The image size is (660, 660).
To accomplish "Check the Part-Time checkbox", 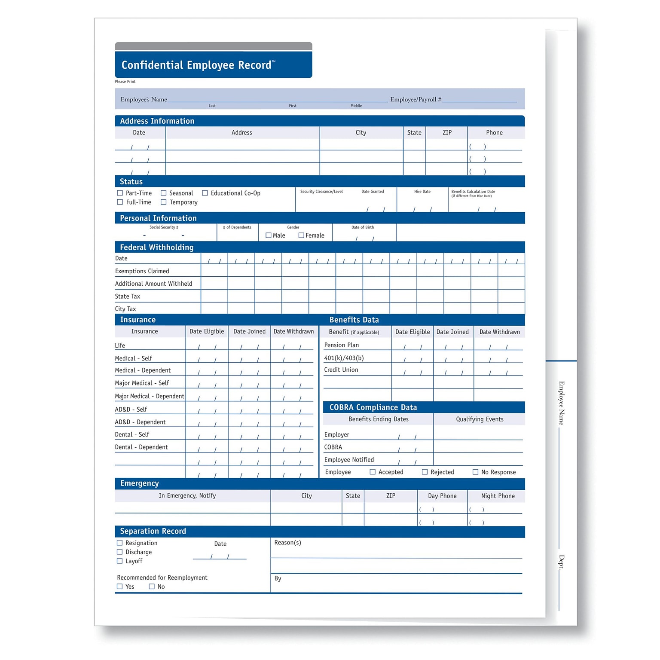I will (120, 193).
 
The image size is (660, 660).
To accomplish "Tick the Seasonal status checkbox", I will (163, 193).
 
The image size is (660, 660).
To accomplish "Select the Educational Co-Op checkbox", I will (205, 193).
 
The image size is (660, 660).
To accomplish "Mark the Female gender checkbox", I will (301, 235).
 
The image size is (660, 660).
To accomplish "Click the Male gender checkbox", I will (269, 235).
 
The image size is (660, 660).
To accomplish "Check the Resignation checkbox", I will (120, 543).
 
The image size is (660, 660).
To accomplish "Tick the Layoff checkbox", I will (120, 561).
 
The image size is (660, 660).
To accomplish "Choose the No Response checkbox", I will (475, 472).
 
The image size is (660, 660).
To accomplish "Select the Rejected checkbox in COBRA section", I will (425, 472).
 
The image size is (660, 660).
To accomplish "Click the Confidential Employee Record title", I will (196, 65).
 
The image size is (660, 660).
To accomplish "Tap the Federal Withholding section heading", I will (157, 247).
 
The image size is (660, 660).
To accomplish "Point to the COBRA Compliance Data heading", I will (373, 407).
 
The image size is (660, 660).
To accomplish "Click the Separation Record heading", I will (153, 531).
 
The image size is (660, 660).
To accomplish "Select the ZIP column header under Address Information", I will (447, 133).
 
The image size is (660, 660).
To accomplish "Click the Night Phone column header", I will (498, 496).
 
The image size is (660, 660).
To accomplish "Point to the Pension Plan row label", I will (342, 345).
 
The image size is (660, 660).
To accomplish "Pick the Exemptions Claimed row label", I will (142, 271).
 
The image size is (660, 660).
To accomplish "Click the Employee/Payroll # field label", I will (416, 100).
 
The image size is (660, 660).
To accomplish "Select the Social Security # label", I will (164, 227).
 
